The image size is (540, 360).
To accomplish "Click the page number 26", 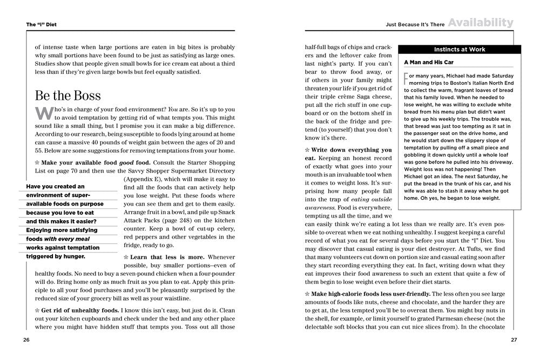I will (x=26, y=339).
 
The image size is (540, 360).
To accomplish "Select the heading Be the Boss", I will (x=68, y=96).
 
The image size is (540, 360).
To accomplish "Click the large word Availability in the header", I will (x=480, y=23).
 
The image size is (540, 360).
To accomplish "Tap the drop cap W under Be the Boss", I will (x=43, y=114).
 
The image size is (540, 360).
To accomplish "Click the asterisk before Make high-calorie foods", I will (x=307, y=293).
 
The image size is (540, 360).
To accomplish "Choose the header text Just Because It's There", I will (x=413, y=24).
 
